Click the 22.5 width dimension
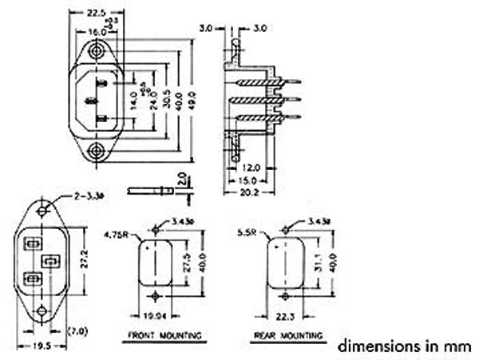coord(97,13)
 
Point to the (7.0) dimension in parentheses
coord(77,330)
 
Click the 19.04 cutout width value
coord(155,315)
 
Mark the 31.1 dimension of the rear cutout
coord(315,263)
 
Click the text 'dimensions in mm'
coord(405,346)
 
